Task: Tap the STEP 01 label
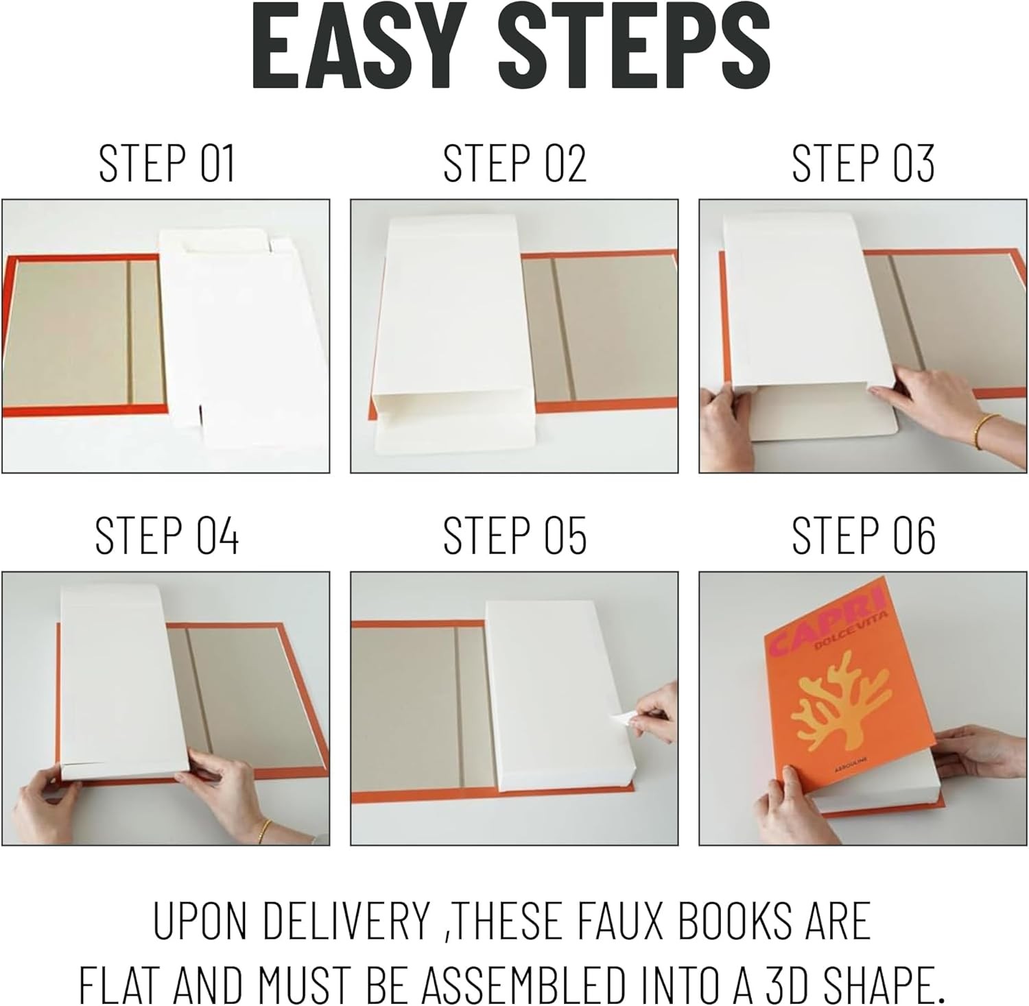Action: tap(167, 163)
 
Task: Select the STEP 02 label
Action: tap(514, 163)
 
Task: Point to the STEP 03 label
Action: tap(863, 163)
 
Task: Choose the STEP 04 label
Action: tap(167, 536)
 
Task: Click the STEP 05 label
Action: tap(514, 536)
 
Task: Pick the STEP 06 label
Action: tap(863, 536)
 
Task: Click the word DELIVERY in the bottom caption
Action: tap(346, 921)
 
